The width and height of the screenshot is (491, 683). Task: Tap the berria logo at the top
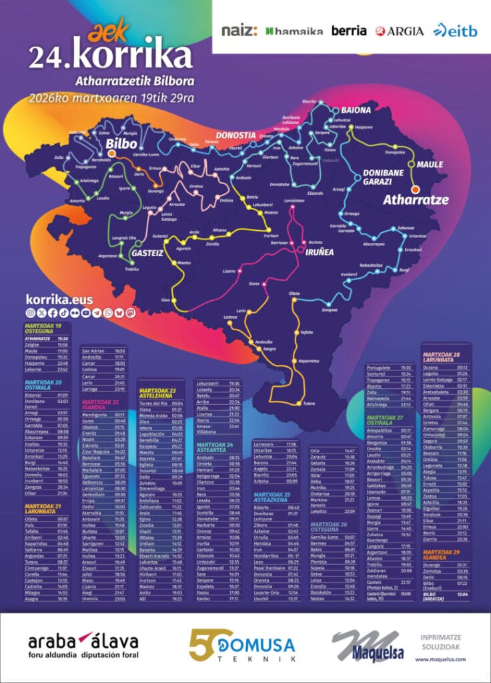349,31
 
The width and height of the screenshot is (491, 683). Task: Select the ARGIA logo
399,31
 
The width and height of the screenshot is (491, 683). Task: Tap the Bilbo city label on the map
121,143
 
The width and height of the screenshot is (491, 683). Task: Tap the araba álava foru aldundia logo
83,646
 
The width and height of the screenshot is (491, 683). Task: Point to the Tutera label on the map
308,404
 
